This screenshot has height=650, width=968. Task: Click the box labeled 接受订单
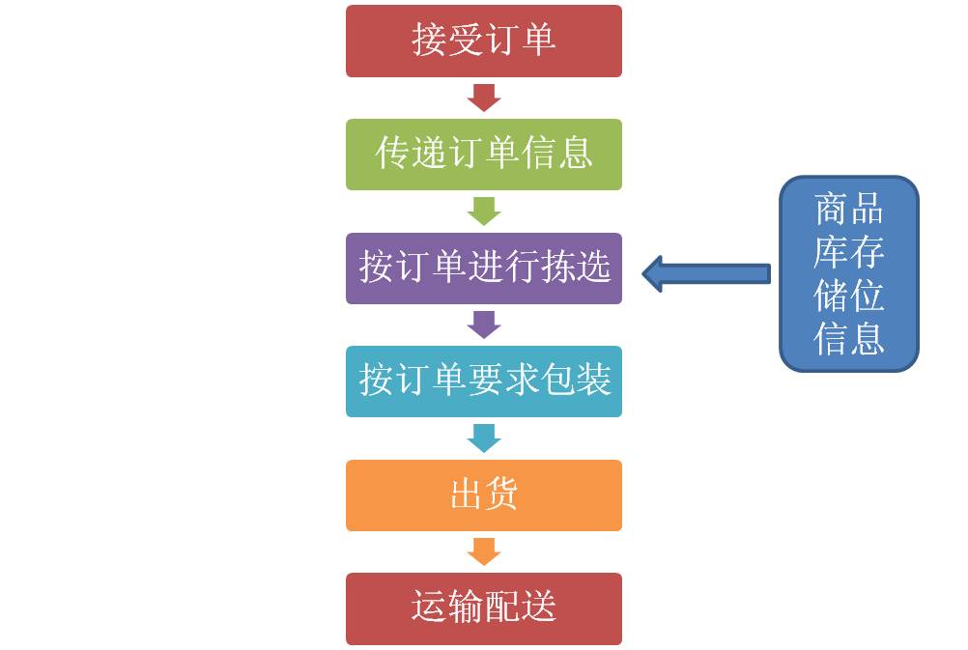(483, 42)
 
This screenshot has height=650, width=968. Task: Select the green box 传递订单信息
(483, 155)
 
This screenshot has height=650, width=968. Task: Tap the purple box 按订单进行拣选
(483, 268)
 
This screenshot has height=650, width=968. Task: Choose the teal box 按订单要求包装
(483, 382)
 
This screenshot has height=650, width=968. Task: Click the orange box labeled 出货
(483, 495)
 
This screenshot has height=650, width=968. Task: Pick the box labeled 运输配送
(483, 608)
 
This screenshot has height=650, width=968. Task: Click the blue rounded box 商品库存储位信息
(848, 273)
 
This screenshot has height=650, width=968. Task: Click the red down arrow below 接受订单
(483, 98)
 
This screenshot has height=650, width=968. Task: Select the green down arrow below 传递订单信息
(483, 211)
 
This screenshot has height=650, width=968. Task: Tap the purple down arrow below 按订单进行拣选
(483, 325)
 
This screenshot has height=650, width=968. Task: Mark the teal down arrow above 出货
(483, 438)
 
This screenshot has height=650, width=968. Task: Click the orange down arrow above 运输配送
(483, 551)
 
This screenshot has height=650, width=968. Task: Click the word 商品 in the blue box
(848, 209)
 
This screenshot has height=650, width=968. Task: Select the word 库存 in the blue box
(848, 252)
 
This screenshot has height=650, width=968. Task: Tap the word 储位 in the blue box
(848, 296)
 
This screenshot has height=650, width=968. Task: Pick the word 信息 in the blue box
(848, 339)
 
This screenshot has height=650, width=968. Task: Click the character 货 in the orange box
(501, 495)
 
